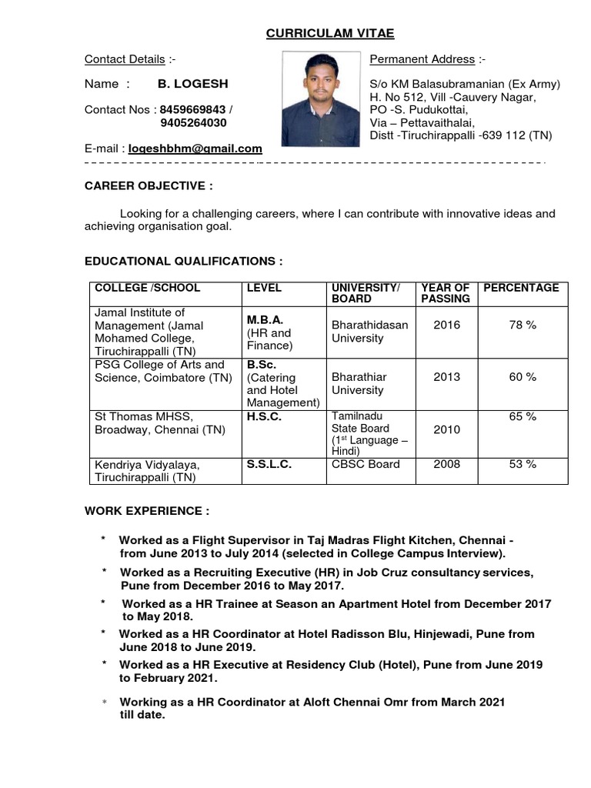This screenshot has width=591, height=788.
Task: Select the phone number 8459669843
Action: [x=192, y=109]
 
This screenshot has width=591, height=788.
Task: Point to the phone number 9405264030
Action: [x=193, y=122]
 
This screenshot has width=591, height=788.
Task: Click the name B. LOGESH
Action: [x=192, y=83]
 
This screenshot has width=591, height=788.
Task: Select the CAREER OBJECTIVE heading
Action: [x=149, y=186]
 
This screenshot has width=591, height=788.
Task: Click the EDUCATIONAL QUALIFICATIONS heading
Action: [x=183, y=262]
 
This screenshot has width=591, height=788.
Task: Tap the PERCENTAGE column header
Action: [x=521, y=288]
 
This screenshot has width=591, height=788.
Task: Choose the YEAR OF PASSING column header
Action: [x=446, y=292]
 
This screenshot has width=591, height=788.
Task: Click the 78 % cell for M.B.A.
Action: [x=523, y=325]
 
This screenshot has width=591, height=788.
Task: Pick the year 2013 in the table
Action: [x=446, y=377]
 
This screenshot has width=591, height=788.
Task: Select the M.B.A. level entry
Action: [x=265, y=319]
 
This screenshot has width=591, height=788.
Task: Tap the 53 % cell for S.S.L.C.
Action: [x=523, y=464]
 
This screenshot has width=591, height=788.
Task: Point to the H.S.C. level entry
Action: [x=264, y=416]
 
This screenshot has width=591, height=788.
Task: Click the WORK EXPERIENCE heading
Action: [x=146, y=512]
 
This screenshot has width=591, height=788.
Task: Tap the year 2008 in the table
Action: [x=446, y=464]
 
